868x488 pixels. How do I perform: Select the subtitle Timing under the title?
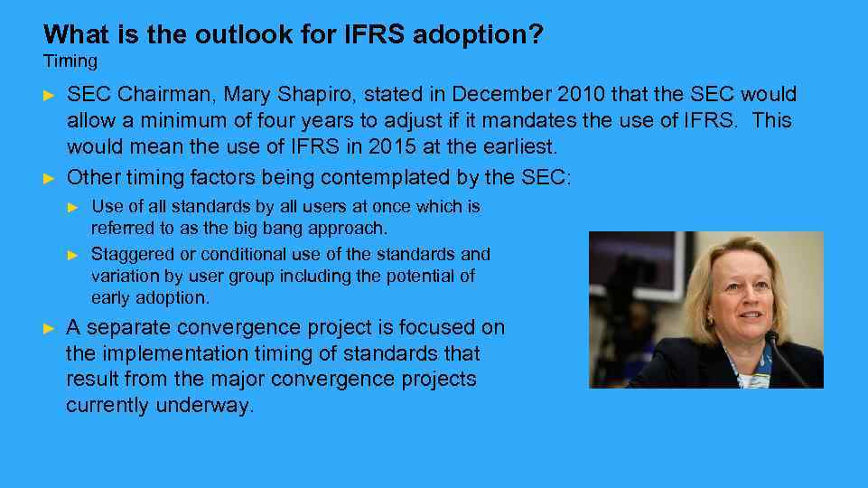point(70,61)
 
